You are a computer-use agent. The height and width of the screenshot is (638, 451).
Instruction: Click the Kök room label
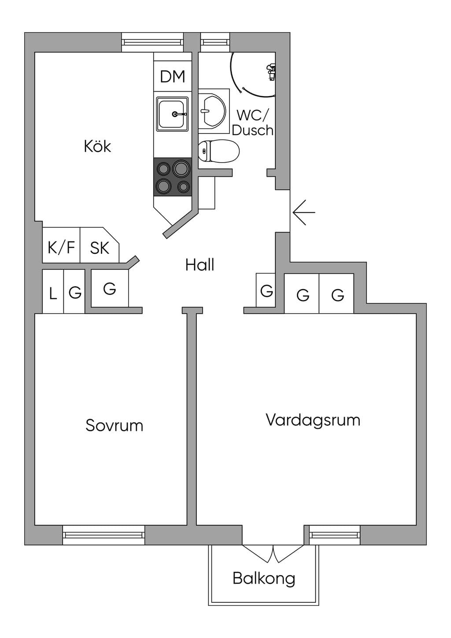[97, 146]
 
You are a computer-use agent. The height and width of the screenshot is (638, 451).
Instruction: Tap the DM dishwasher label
[173, 76]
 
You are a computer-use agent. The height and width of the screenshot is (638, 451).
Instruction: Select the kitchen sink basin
[172, 114]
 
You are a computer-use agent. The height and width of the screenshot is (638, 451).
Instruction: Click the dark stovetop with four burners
[173, 177]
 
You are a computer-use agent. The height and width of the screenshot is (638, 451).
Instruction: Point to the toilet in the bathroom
[218, 151]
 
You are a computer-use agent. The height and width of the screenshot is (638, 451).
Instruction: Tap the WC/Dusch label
[252, 123]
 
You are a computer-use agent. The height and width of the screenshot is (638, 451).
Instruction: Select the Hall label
[200, 265]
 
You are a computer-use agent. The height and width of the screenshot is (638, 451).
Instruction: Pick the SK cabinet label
[100, 248]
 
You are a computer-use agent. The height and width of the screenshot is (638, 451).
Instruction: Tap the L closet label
[53, 293]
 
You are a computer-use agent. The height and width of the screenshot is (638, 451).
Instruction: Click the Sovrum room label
[114, 426]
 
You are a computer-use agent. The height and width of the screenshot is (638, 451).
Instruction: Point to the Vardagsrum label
[313, 420]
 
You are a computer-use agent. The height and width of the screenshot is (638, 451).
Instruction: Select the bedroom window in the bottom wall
[104, 535]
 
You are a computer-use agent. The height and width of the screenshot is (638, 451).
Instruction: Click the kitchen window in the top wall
[153, 42]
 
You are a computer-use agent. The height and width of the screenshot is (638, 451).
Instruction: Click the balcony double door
[273, 554]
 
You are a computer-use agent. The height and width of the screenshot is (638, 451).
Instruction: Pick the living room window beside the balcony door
[335, 535]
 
